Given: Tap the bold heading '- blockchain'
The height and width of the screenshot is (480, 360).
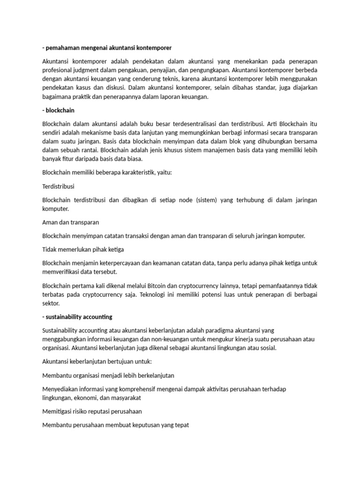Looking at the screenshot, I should (58, 111).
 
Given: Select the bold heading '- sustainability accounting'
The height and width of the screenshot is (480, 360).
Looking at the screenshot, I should (77, 317).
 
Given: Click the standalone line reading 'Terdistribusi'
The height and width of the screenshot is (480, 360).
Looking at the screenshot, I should (58, 187).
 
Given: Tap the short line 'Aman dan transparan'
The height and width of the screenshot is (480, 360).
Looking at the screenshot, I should (70, 222).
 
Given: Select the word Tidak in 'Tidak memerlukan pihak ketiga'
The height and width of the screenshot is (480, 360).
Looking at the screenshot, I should (50, 249).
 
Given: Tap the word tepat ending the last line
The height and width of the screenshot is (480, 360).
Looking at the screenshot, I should (180, 426).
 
